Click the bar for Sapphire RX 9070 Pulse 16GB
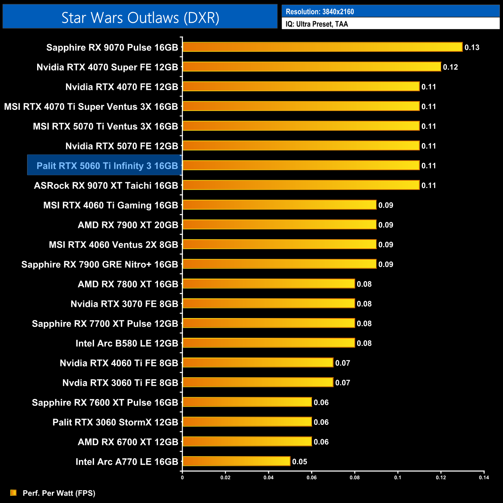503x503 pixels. [x=322, y=47]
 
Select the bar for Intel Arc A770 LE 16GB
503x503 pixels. [x=236, y=461]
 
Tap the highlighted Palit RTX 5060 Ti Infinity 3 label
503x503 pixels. [x=107, y=166]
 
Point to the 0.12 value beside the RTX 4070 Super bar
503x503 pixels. [x=450, y=67]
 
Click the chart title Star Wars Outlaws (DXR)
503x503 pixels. [x=140, y=18]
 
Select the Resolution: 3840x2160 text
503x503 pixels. [x=320, y=12]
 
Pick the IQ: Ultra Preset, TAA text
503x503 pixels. [x=317, y=24]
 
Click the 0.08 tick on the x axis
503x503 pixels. [x=354, y=477]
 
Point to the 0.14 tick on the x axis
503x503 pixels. [x=484, y=477]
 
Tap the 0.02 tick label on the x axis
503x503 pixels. [x=225, y=477]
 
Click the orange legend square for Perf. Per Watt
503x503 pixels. [x=14, y=493]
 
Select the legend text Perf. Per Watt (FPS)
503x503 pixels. [x=59, y=493]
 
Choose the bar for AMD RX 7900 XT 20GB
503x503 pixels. [x=279, y=224]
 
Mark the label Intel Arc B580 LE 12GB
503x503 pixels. [x=127, y=343]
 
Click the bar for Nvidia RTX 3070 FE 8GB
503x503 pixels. [x=269, y=303]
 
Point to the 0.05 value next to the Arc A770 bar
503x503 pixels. [x=299, y=462]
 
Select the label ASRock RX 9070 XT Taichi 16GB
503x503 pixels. [x=106, y=186]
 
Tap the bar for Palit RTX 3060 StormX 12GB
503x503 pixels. [x=247, y=422]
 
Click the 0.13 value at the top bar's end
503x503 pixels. [x=472, y=48]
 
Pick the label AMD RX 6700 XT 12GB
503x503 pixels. [x=128, y=442]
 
